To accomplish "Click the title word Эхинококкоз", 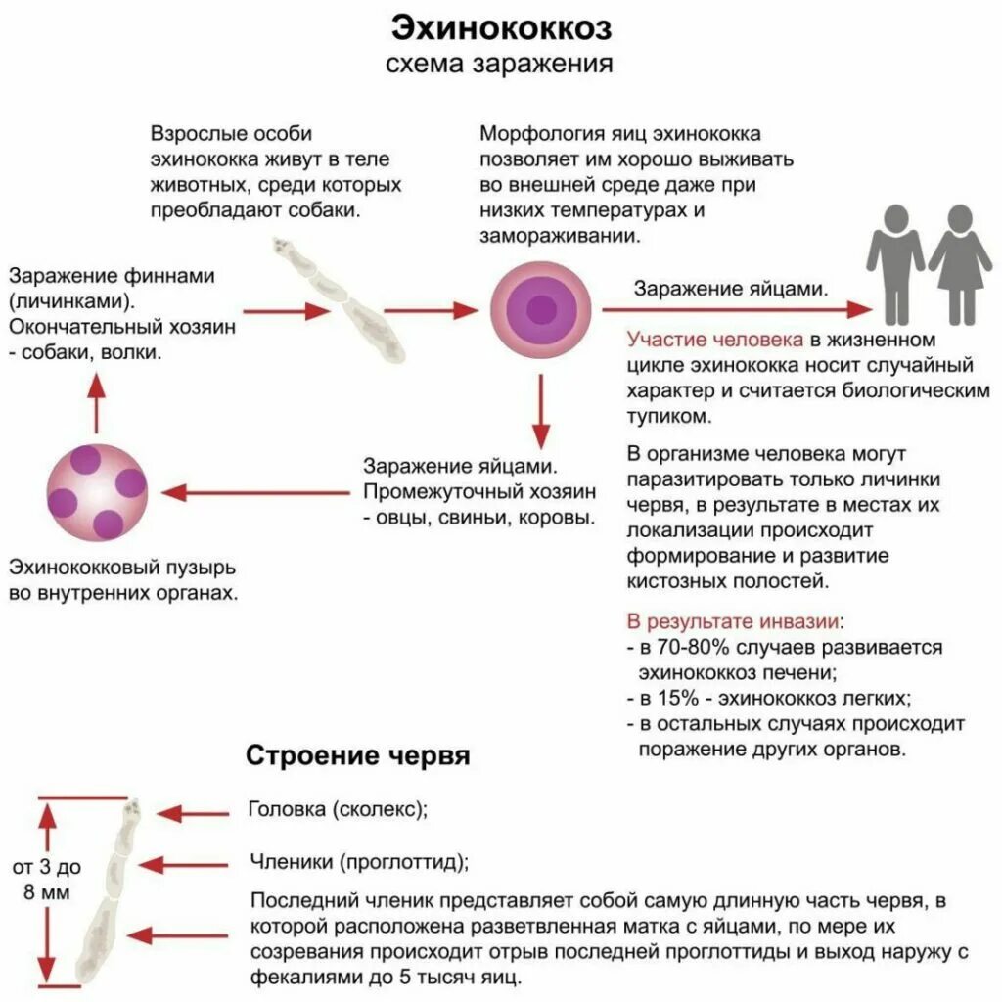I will (x=501, y=28).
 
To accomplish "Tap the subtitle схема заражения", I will (x=501, y=65).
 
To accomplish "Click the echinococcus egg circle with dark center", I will (x=539, y=310).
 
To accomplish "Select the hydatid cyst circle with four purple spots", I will (x=98, y=491).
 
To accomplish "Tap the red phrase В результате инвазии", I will (x=733, y=621).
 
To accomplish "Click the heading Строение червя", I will (x=357, y=756).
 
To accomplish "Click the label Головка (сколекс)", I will (x=339, y=810).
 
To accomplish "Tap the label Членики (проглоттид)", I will (x=358, y=862).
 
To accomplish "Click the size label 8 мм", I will (x=46, y=891).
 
